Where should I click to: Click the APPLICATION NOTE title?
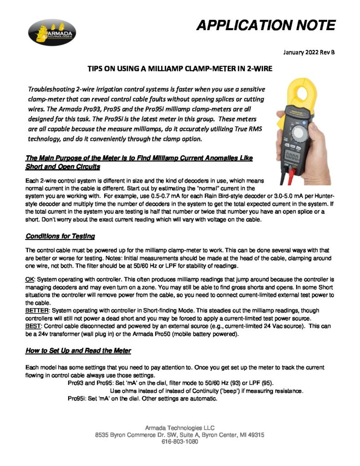pyautogui.click(x=266, y=25)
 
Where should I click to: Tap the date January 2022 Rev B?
pyautogui.click(x=309, y=52)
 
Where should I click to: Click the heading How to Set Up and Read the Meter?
pyautogui.click(x=79, y=350)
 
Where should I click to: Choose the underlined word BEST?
pyautogui.click(x=33, y=326)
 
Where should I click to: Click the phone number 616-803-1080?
pyautogui.click(x=180, y=441)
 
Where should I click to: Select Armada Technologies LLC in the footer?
pyautogui.click(x=180, y=428)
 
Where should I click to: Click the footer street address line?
pyautogui.click(x=180, y=435)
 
